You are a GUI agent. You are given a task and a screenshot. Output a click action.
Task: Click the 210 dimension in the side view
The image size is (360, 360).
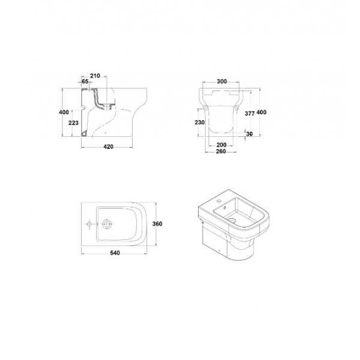click(x=95, y=76)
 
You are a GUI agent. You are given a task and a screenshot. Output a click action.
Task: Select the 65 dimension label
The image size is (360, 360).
click(x=85, y=81)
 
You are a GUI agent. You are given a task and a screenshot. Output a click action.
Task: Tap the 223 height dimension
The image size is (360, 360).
click(x=73, y=123)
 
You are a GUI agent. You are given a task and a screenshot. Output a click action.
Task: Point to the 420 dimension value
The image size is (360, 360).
click(x=109, y=147)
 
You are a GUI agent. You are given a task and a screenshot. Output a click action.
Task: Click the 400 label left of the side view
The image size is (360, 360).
click(x=64, y=112)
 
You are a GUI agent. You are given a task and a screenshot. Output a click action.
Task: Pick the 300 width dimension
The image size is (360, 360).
click(x=222, y=82)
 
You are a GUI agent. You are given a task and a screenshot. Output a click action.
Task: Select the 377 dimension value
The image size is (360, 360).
click(x=250, y=113)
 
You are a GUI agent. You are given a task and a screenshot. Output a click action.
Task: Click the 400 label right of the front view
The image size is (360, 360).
click(x=261, y=112)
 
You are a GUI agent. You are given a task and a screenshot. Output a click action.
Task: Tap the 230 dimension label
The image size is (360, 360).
click(x=200, y=122)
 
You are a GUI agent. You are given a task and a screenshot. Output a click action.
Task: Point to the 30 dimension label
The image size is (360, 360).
click(x=250, y=134)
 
